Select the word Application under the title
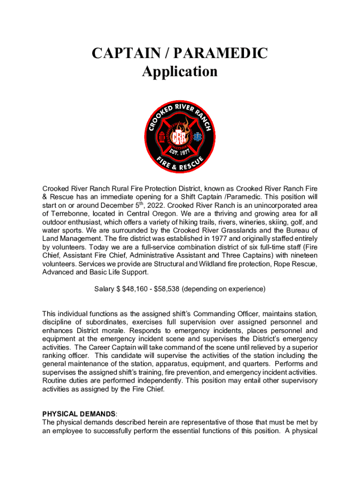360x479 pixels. (x=180, y=72)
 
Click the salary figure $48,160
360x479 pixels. (x=137, y=289)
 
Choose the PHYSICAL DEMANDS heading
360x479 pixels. (x=79, y=414)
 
